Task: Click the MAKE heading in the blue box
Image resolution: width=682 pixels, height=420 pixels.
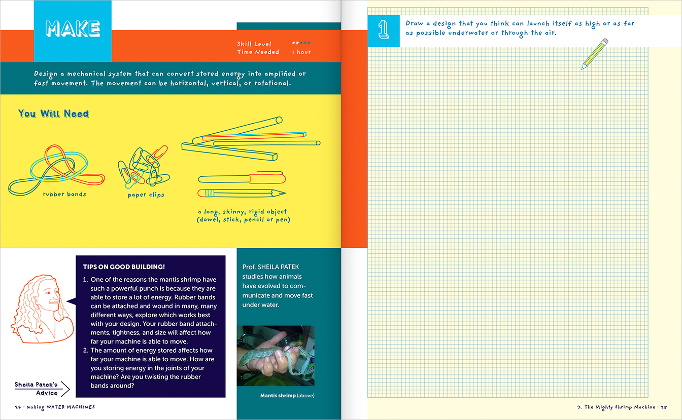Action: click(x=72, y=29)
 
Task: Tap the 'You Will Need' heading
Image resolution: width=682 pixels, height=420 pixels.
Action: click(x=53, y=114)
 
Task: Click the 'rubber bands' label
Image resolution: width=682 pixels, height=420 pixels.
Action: click(x=64, y=194)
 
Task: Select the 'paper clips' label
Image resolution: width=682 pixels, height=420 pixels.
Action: click(x=146, y=195)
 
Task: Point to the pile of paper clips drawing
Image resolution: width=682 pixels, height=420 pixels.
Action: click(x=144, y=166)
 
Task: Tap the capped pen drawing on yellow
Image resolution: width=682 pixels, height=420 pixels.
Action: click(x=241, y=178)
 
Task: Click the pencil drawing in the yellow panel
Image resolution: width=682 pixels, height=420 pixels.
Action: click(x=241, y=193)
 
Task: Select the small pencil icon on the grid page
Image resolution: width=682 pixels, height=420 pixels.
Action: click(x=595, y=53)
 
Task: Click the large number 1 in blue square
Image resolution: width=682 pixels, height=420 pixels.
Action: click(x=383, y=30)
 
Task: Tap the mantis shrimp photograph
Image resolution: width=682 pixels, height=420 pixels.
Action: click(x=276, y=356)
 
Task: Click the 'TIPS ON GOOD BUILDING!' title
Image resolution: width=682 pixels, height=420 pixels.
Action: click(x=123, y=266)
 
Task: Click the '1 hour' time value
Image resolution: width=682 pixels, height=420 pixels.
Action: click(x=301, y=52)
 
